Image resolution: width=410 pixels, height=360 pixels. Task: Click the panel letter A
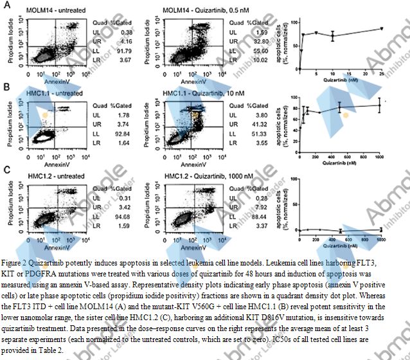click(5, 6)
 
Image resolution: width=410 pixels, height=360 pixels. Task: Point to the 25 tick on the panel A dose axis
click(382, 74)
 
